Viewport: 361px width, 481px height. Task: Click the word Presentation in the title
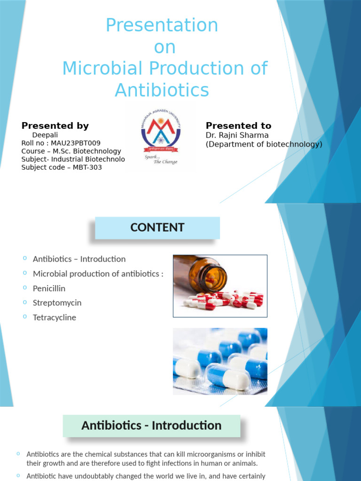click(x=162, y=25)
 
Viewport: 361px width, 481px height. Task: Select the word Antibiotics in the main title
click(x=162, y=89)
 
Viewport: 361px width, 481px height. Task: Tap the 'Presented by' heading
click(x=55, y=125)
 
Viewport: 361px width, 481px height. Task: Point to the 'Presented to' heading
click(x=238, y=125)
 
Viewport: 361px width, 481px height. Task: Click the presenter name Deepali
click(x=45, y=135)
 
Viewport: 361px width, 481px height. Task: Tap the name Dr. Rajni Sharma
click(x=237, y=136)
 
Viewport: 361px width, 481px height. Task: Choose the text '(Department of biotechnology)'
click(x=264, y=144)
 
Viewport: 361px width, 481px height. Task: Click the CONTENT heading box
click(x=157, y=228)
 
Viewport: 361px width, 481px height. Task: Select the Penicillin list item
click(x=49, y=288)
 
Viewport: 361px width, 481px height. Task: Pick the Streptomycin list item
click(x=57, y=303)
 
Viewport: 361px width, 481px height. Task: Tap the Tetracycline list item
click(x=54, y=318)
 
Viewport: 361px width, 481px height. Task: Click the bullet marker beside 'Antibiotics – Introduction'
click(x=24, y=258)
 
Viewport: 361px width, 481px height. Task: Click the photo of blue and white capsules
click(x=220, y=361)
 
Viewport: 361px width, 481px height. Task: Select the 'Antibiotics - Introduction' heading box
click(x=151, y=426)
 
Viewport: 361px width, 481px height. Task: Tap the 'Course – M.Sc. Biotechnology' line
click(x=71, y=151)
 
